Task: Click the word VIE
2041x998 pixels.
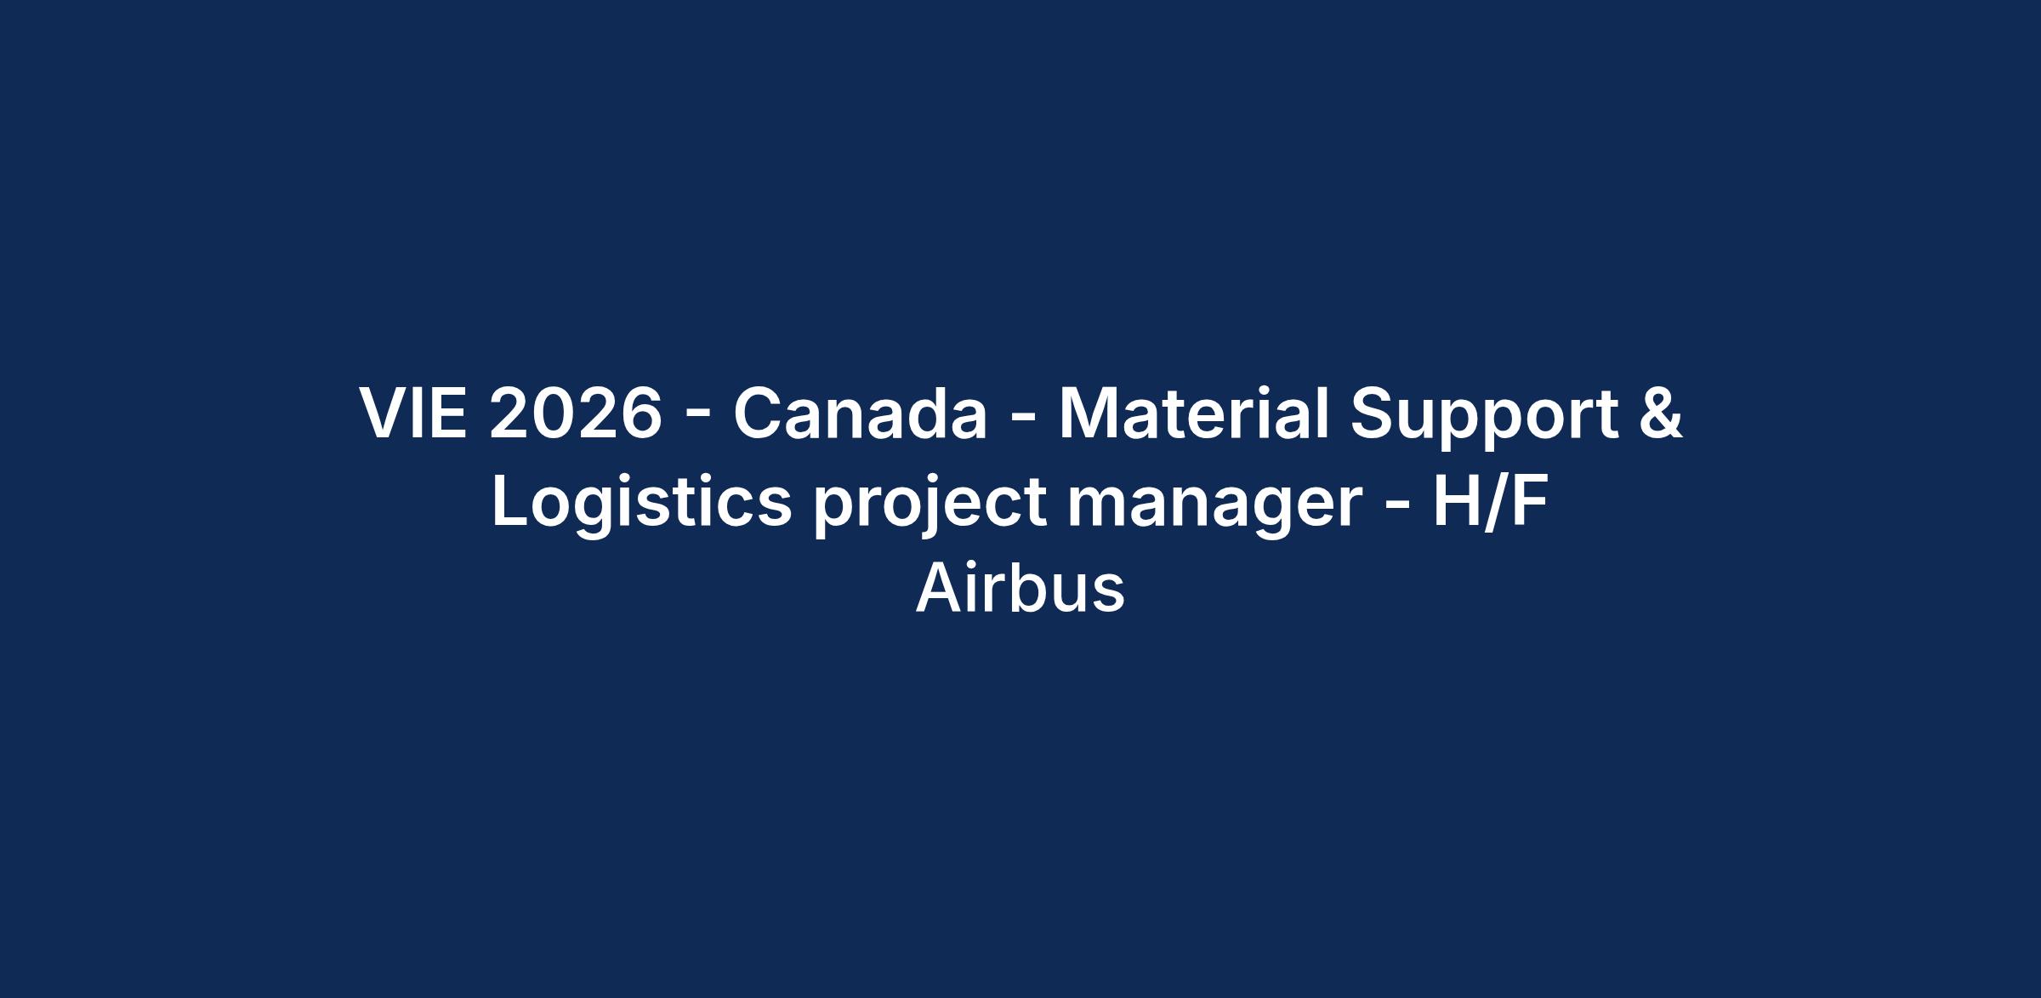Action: (413, 413)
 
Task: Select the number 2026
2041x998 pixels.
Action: (576, 413)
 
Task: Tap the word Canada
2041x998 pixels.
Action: (861, 413)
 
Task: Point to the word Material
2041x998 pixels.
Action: (1193, 413)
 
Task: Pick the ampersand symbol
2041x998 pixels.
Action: (1661, 413)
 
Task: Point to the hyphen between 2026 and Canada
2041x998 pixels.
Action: (697, 418)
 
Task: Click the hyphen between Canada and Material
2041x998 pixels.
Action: (1024, 418)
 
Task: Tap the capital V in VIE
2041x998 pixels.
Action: (384, 413)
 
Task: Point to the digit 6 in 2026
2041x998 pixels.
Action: (641, 413)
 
